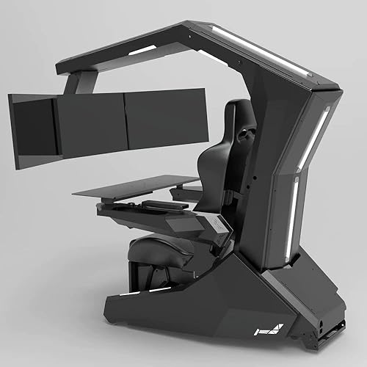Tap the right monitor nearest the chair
point(165,117)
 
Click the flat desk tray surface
point(136,186)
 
